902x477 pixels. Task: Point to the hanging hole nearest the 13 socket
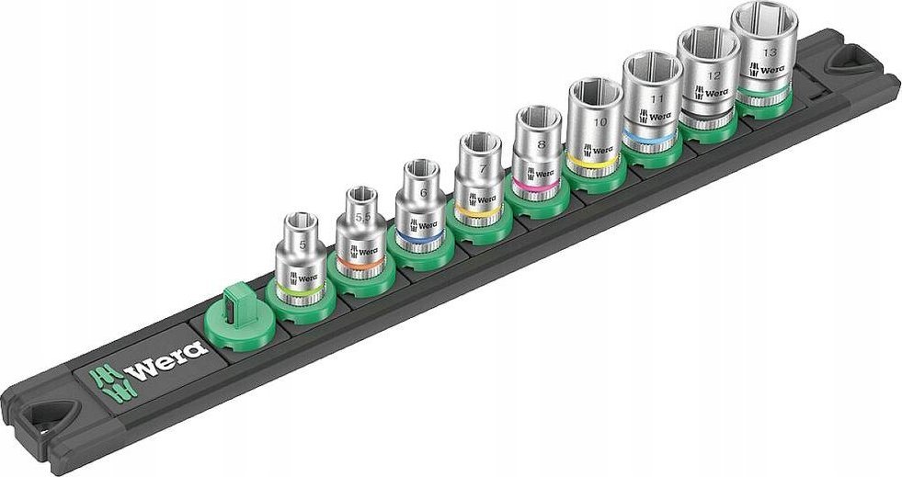[840, 62]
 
